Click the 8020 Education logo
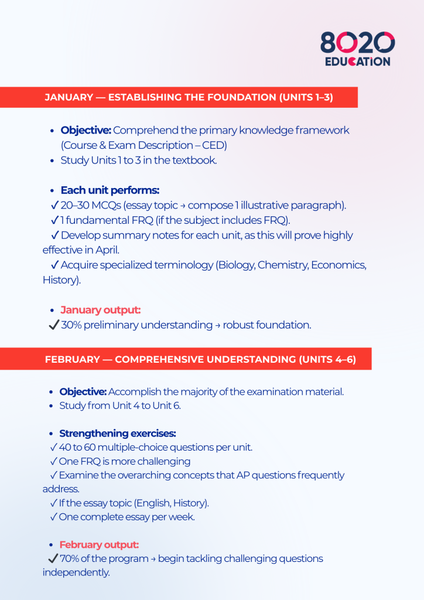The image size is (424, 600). pyautogui.click(x=357, y=49)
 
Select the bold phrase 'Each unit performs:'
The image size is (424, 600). pyautogui.click(x=110, y=190)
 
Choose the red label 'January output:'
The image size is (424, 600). pyautogui.click(x=100, y=310)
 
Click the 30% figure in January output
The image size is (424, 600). pyautogui.click(x=71, y=325)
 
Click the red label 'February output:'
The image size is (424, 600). pyautogui.click(x=98, y=544)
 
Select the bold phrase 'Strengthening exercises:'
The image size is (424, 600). pyautogui.click(x=117, y=434)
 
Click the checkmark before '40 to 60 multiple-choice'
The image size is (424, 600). pyautogui.click(x=53, y=448)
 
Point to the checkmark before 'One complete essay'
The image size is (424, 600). pyautogui.click(x=53, y=517)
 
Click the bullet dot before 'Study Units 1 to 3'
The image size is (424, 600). pyautogui.click(x=53, y=161)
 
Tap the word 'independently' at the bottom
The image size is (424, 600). pyautogui.click(x=76, y=572)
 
